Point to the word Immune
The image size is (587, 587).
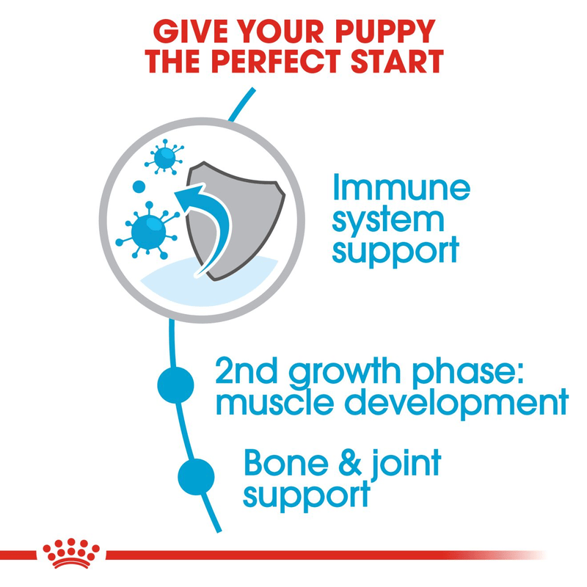[x=401, y=189]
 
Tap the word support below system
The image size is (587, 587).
[x=395, y=250]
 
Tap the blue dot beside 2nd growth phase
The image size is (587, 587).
[x=176, y=384]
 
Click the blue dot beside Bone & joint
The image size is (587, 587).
[x=196, y=475]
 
